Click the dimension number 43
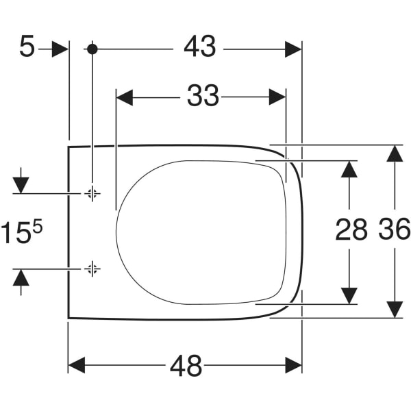[x=200, y=48]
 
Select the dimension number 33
[x=203, y=97]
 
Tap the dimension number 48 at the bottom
[x=186, y=366]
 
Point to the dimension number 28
[x=351, y=231]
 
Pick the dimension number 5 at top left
[x=26, y=49]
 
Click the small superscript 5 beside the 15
[x=38, y=226]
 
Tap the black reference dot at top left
[x=92, y=49]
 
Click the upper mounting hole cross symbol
[x=92, y=194]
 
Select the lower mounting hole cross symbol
[x=92, y=269]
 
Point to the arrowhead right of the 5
[x=60, y=49]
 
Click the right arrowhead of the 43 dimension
[x=293, y=49]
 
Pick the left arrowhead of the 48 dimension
[x=77, y=365]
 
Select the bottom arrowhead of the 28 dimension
[x=350, y=295]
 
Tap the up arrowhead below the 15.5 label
[x=21, y=277]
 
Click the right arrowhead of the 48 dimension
[x=293, y=365]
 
